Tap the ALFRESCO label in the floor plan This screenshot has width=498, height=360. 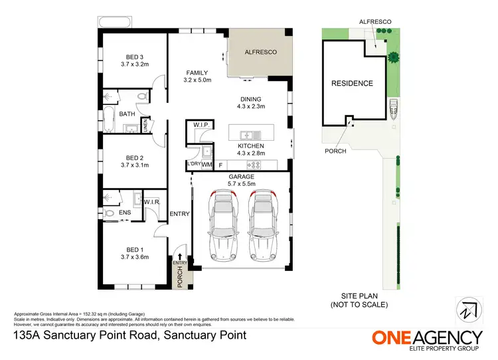click(260, 51)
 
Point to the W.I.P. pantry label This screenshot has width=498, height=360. click(202, 125)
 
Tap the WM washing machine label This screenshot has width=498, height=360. click(207, 163)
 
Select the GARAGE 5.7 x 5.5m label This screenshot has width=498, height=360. click(242, 181)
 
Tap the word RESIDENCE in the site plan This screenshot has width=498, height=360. click(352, 84)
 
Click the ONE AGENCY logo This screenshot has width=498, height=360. click(426, 339)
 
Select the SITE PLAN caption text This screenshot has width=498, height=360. click(359, 302)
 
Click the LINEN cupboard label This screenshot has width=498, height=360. click(145, 125)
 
